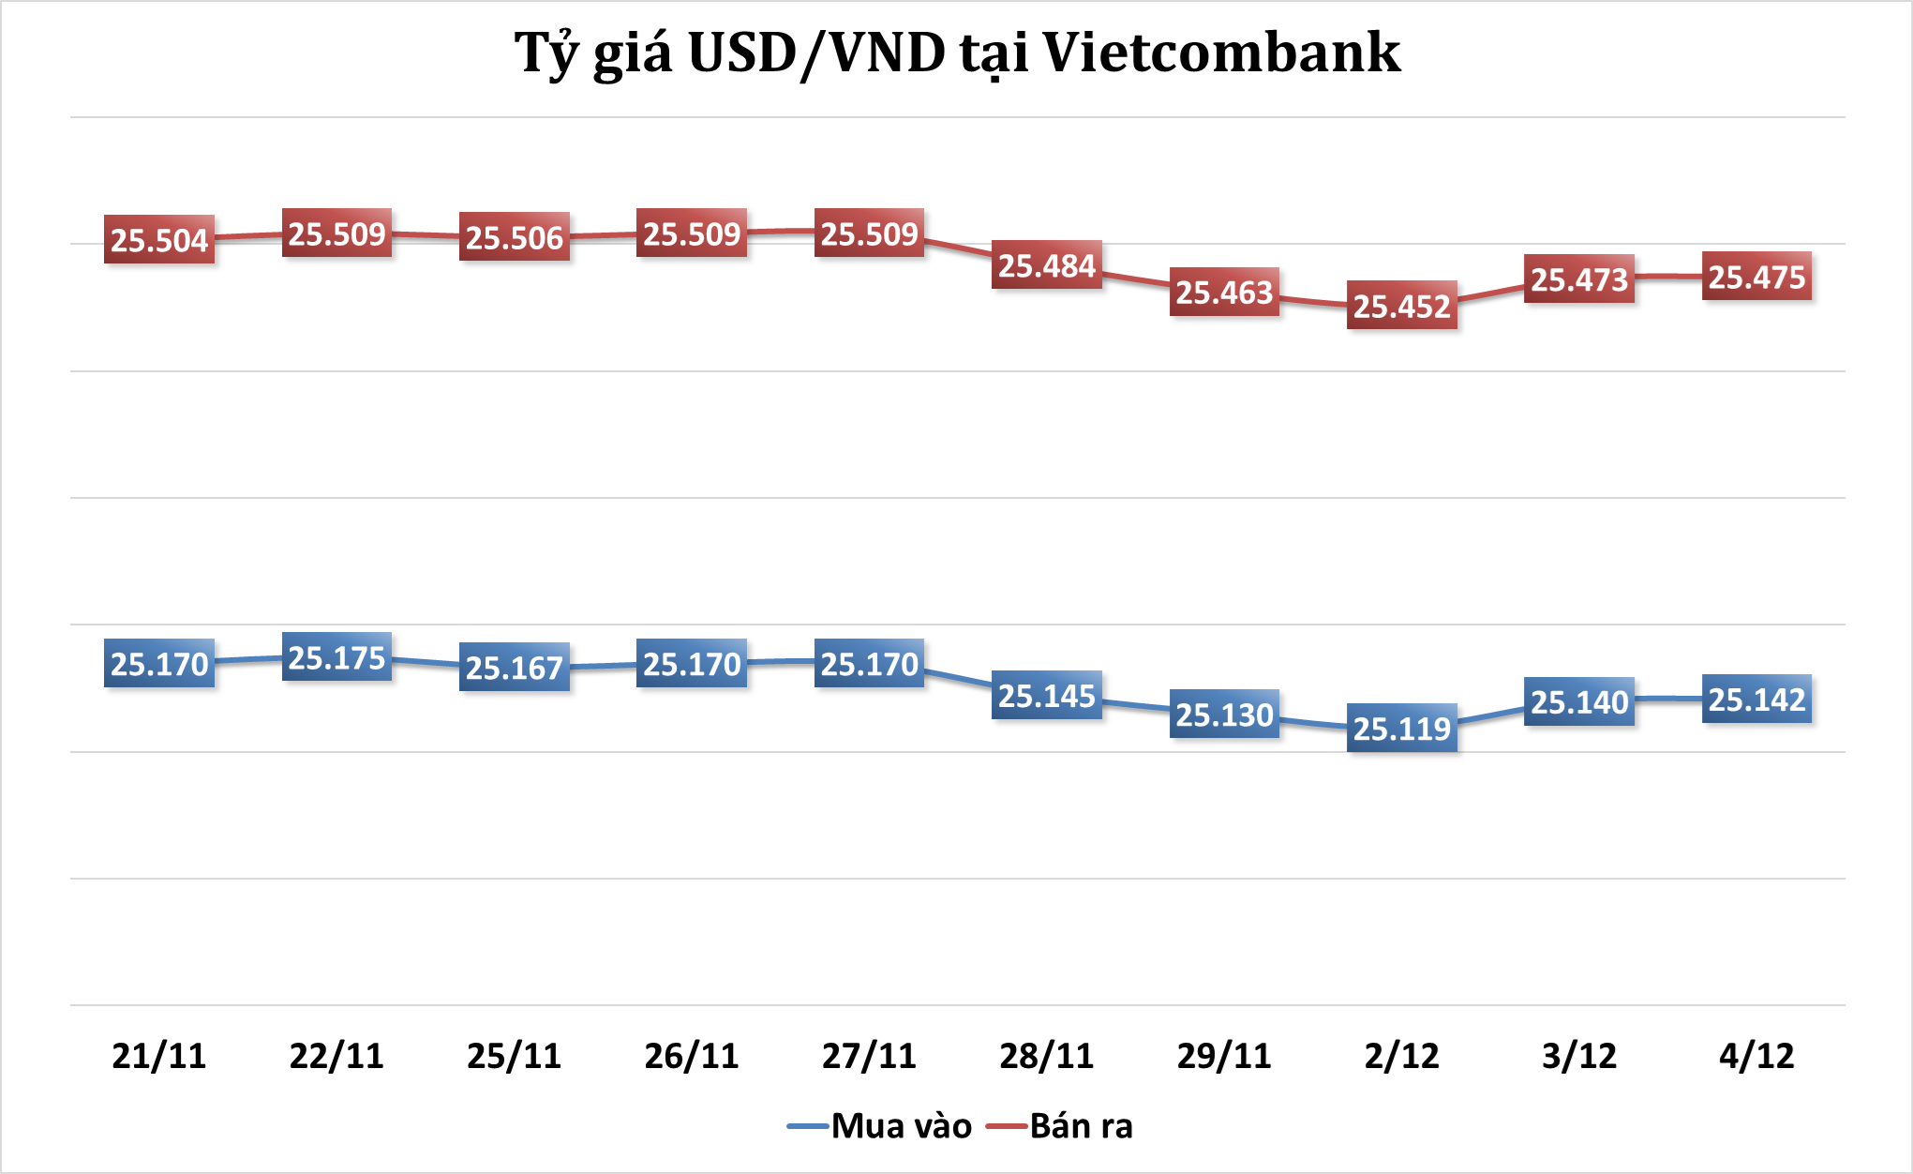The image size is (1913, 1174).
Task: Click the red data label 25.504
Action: pos(159,240)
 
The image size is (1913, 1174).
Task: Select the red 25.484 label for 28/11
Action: pos(1047,265)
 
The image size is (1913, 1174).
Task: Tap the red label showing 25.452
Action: pos(1402,306)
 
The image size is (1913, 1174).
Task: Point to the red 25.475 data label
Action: pos(1756,277)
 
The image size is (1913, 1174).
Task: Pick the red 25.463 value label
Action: pos(1224,292)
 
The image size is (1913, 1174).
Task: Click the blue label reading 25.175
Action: pos(336,657)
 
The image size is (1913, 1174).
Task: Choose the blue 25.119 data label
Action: pos(1402,728)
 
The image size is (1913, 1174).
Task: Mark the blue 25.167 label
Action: pos(515,667)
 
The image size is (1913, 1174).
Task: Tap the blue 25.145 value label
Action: pos(1047,696)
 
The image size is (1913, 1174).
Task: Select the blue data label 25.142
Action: pos(1756,699)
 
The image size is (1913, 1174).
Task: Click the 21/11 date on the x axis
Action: pos(159,1056)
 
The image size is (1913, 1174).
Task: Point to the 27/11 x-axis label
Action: pos(869,1056)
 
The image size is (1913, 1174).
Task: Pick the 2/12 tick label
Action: pos(1402,1056)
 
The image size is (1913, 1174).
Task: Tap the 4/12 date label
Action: pos(1756,1056)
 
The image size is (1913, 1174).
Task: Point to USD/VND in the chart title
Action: pos(816,53)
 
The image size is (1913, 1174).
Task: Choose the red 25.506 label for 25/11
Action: pos(515,237)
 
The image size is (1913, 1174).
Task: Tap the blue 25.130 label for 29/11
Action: pos(1224,715)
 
